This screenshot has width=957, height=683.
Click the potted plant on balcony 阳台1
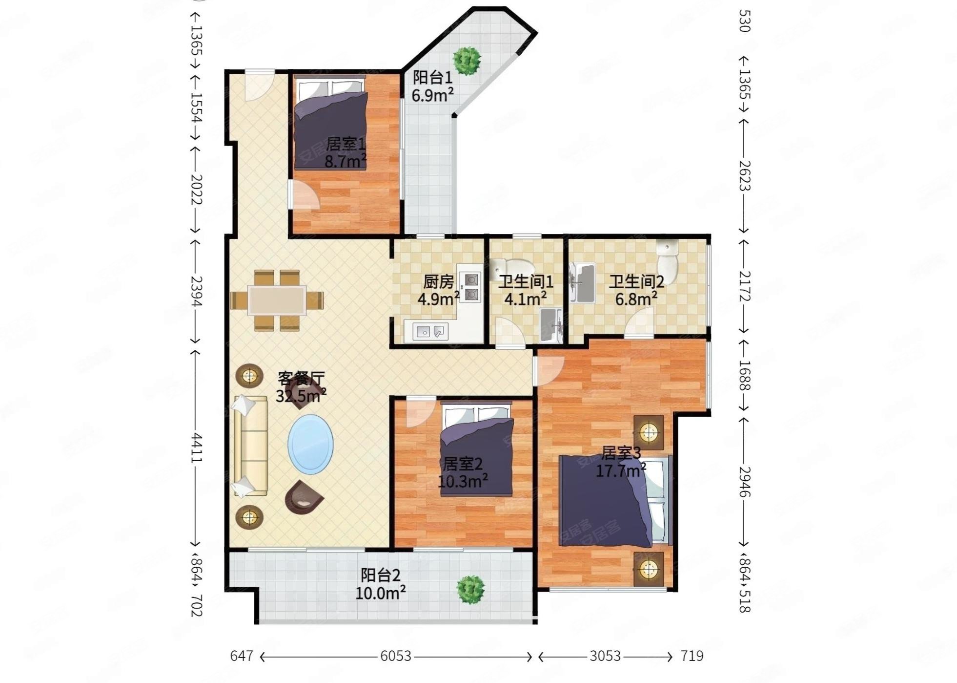[x=467, y=61]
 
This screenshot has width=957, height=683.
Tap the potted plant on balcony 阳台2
[x=471, y=589]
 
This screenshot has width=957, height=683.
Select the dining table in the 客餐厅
[x=277, y=300]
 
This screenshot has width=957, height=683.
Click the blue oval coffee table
[x=310, y=444]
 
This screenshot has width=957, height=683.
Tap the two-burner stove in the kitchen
[x=471, y=287]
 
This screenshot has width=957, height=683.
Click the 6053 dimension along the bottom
[x=396, y=656]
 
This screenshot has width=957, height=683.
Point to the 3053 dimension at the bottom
[x=605, y=656]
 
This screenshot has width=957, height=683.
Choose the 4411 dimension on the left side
[x=196, y=447]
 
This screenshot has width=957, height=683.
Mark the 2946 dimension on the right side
[x=744, y=481]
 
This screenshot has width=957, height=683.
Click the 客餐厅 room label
[x=301, y=378]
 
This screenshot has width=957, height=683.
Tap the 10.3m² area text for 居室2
[x=463, y=481]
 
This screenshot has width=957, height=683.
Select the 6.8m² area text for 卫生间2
[x=635, y=299]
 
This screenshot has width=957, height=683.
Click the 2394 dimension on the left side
[x=196, y=292]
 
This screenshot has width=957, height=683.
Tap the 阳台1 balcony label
[x=433, y=77]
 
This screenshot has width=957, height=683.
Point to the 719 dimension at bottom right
[x=692, y=656]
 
